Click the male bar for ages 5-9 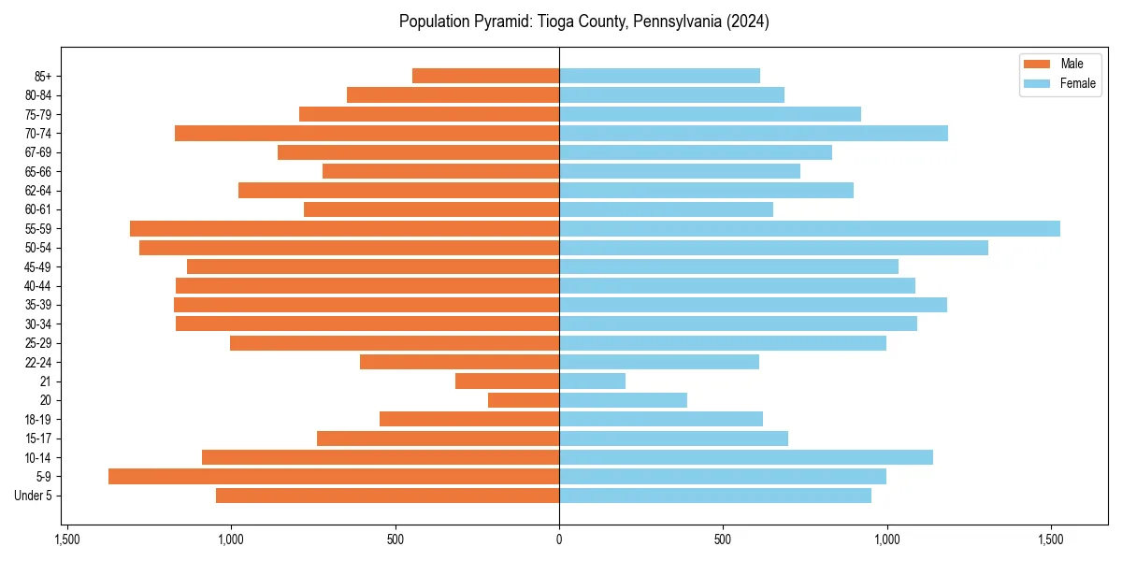(x=334, y=477)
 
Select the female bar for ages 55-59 (x=810, y=229)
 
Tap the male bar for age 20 (x=524, y=400)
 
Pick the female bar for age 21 (x=592, y=381)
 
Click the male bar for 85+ (x=485, y=76)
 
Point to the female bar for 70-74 (x=754, y=134)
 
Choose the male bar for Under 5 (x=387, y=496)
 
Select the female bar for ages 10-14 (x=746, y=457)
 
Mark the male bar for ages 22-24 (x=459, y=362)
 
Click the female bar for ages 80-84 (x=671, y=95)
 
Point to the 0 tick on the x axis (x=559, y=539)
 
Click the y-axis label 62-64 (x=38, y=191)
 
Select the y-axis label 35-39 (x=38, y=305)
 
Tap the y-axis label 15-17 (x=38, y=439)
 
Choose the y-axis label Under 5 (x=34, y=496)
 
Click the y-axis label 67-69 (x=38, y=152)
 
